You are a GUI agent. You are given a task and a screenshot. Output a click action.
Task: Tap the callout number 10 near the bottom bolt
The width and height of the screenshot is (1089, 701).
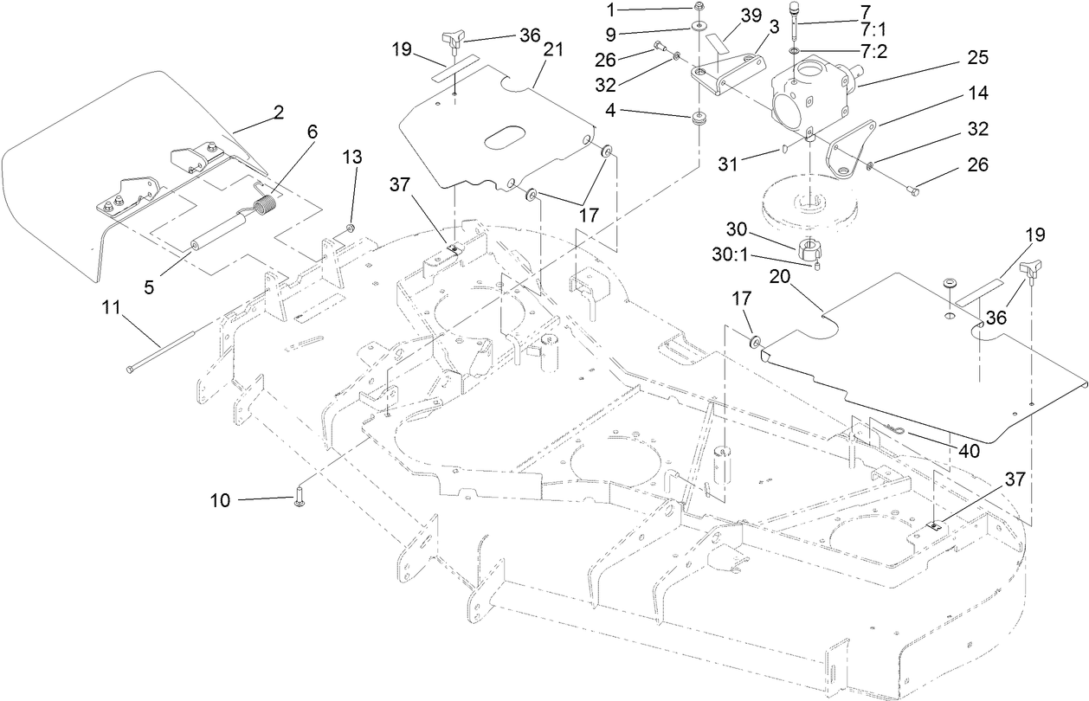(220, 500)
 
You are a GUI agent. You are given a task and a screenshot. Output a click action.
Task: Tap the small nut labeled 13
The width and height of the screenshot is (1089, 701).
(350, 228)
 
